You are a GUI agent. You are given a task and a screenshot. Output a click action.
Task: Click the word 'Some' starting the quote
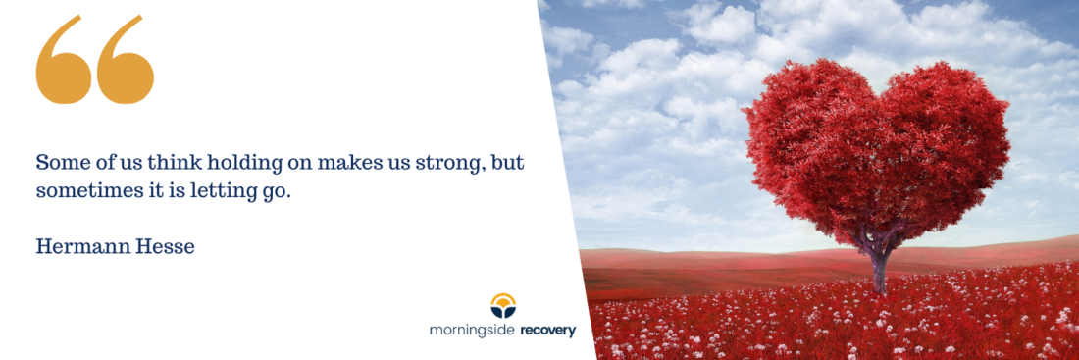coord(56,163)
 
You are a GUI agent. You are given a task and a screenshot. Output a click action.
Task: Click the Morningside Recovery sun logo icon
coord(503,306)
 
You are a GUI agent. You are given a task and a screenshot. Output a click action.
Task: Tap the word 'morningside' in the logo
coord(472,332)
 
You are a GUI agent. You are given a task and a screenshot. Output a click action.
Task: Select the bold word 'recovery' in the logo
coord(547,332)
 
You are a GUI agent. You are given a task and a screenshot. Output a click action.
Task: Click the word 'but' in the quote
coord(513,163)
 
